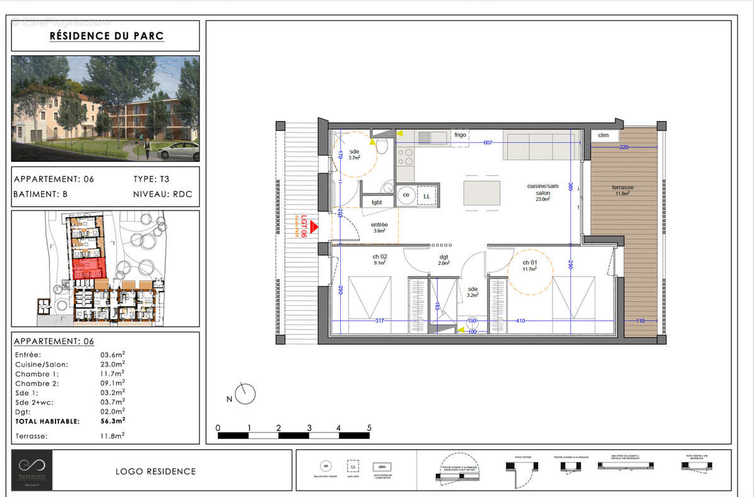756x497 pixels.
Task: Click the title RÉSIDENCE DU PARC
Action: tap(106, 36)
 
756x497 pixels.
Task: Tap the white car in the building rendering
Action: tap(180, 151)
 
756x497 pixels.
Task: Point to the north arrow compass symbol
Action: tap(246, 394)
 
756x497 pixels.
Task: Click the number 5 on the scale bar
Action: tap(369, 428)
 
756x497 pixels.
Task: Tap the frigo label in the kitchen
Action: tap(460, 135)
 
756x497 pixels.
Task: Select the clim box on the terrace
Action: tap(604, 135)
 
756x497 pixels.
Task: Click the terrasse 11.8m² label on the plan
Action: tap(622, 190)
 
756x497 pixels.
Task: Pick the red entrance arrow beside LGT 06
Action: tap(313, 228)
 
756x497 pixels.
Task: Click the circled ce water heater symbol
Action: tap(406, 196)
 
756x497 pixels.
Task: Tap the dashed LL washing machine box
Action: tap(427, 196)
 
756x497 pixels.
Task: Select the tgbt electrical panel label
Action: tap(377, 202)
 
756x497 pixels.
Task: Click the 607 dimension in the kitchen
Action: tap(488, 143)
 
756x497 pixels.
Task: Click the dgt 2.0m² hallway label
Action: tap(444, 260)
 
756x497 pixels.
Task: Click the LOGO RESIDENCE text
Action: tap(156, 471)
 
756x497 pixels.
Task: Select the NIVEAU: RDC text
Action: tap(163, 195)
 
